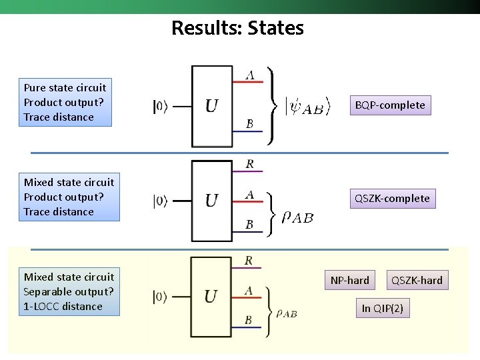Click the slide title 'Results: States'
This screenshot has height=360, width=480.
237,28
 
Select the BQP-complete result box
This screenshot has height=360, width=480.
390,105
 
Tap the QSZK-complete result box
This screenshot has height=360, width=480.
392,198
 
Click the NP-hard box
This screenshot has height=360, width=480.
349,280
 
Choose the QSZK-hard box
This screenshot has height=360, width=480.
417,280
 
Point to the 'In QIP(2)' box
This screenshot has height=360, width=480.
383,308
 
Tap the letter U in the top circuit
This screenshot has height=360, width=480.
211,106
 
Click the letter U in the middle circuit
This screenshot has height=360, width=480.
211,201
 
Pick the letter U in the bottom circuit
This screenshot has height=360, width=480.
211,297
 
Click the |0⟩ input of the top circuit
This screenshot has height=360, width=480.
161,106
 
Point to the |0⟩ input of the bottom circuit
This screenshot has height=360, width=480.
161,297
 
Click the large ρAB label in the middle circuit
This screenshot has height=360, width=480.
297,217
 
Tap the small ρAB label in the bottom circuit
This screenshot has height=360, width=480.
286,313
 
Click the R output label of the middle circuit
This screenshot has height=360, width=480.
249,164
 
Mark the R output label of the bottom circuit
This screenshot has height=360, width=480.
249,261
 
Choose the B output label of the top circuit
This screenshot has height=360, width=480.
249,124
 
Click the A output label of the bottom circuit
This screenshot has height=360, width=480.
249,290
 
